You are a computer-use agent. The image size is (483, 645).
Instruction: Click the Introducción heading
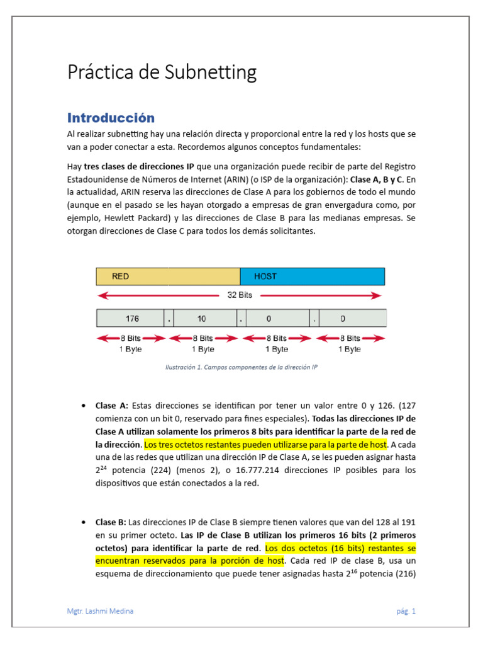pos(111,118)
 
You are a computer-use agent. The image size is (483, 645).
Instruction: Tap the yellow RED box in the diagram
pos(167,277)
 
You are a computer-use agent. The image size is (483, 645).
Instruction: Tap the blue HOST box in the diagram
pos(312,277)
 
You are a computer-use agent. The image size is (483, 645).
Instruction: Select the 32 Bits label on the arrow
pos(239,295)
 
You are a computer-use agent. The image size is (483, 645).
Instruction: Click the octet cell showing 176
pos(131,318)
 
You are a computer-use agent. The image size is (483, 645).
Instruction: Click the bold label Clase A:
pos(112,406)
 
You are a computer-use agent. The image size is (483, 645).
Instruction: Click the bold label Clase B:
pos(111,522)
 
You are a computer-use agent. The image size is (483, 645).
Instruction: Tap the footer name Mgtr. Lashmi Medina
pos(101,611)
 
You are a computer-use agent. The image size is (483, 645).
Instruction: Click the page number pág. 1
pos(406,611)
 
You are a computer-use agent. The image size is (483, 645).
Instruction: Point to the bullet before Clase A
pos(84,406)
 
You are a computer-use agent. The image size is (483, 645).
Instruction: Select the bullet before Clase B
pos(84,522)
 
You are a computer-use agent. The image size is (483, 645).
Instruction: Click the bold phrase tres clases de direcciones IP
pos(139,166)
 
